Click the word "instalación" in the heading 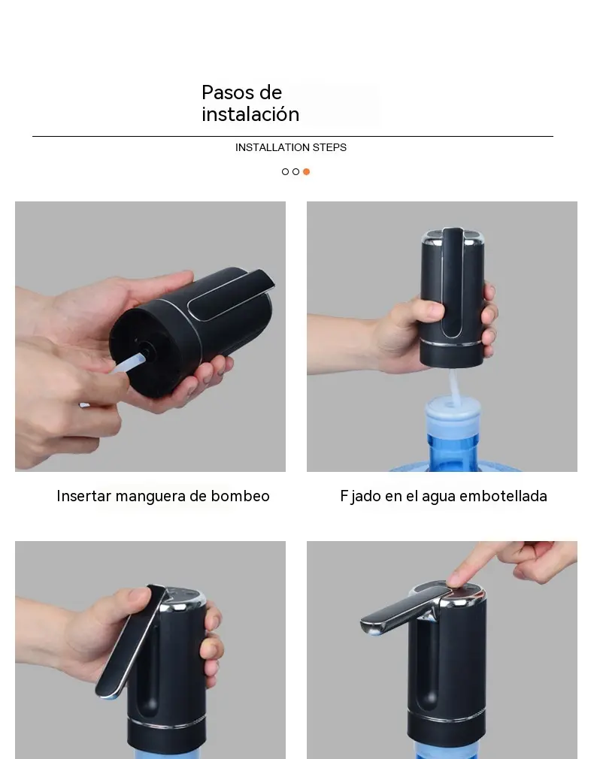point(250,114)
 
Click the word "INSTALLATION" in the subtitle point(272,147)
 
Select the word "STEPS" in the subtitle point(330,147)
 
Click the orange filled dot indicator point(306,171)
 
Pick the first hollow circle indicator point(285,171)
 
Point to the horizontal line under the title point(292,137)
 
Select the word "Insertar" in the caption point(83,496)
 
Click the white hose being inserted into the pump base point(129,362)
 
